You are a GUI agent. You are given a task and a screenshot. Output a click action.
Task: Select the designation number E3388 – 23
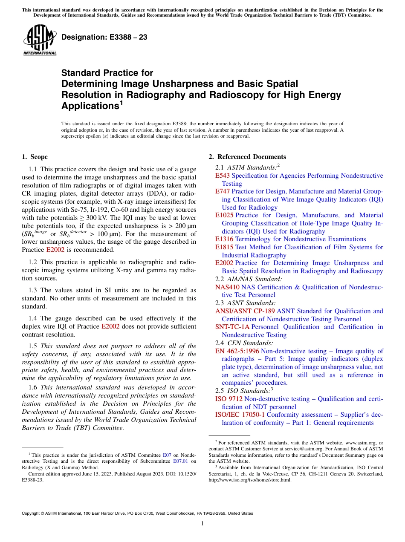click(x=104, y=37)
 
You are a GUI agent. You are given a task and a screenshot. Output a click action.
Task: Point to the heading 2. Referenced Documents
click(x=247, y=157)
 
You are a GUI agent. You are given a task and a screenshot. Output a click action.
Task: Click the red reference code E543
click(x=223, y=176)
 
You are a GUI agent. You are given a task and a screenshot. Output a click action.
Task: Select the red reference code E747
click(x=223, y=191)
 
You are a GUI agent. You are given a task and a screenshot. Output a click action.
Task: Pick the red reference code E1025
click(x=224, y=215)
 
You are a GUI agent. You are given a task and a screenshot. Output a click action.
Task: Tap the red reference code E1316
click(x=224, y=239)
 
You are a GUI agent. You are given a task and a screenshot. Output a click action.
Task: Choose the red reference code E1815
click(x=224, y=247)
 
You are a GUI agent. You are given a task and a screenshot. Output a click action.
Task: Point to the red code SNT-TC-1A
click(x=232, y=327)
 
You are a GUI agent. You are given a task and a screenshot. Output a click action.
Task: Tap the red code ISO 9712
click(x=229, y=399)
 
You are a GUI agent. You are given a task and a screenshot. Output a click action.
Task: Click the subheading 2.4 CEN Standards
click(x=244, y=343)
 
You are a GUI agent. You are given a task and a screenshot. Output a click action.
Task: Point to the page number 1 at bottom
click(x=202, y=524)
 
